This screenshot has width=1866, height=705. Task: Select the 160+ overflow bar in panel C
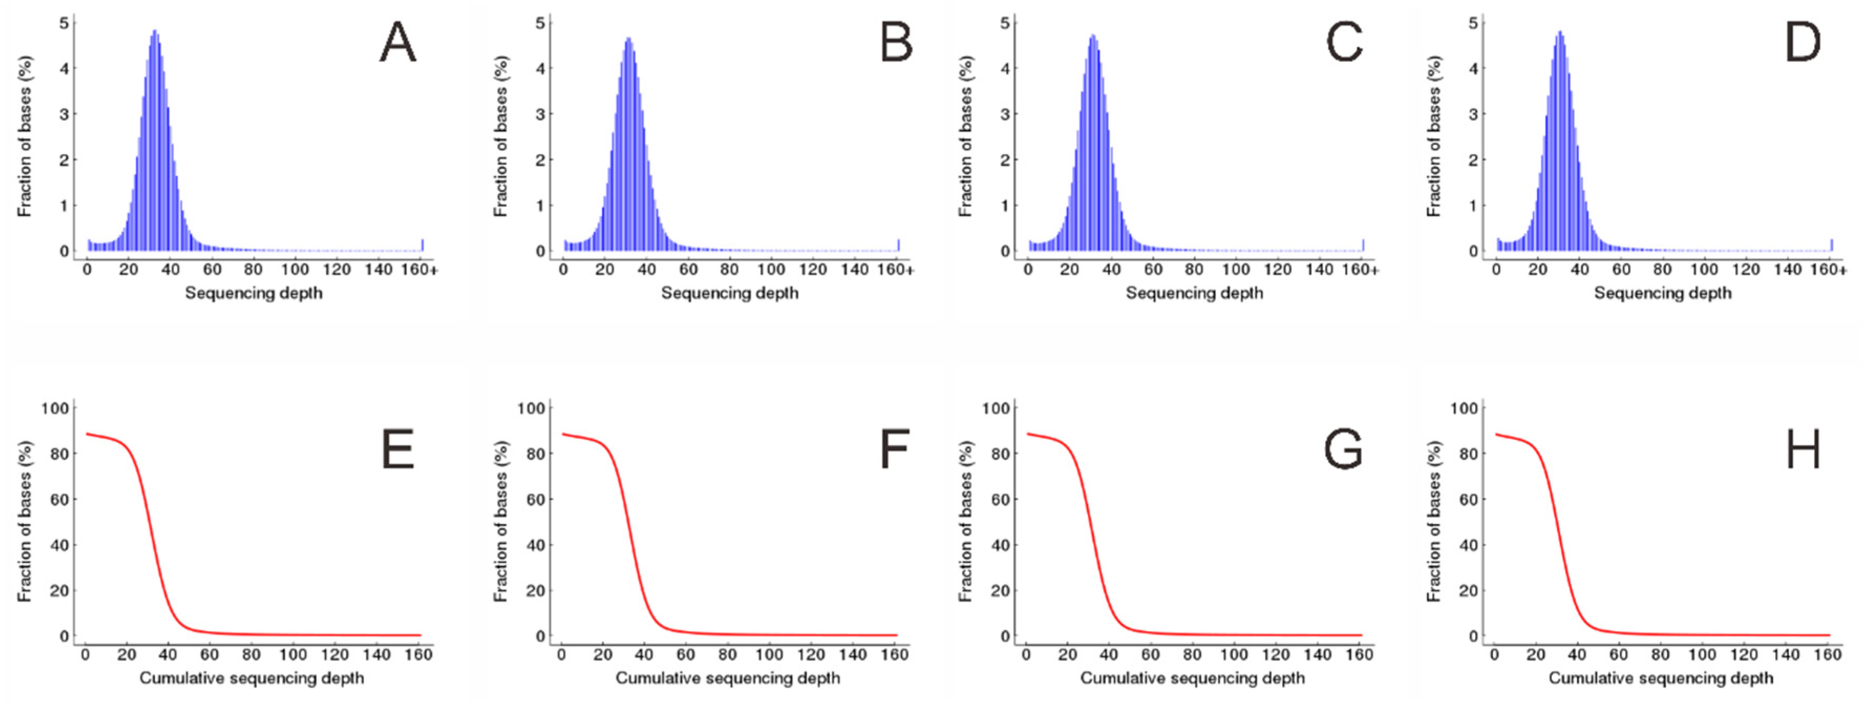point(1362,245)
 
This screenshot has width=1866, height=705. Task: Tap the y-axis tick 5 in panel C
point(1004,23)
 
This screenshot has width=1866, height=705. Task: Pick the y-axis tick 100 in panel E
point(55,409)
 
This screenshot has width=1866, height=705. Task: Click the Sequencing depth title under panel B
point(729,293)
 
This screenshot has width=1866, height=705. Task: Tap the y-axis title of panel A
point(25,136)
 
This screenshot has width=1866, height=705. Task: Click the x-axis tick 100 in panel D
point(1704,270)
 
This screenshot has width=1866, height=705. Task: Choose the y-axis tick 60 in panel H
point(1468,500)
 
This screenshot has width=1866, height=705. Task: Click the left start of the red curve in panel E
point(87,434)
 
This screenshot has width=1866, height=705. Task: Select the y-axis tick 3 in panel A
point(65,114)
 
